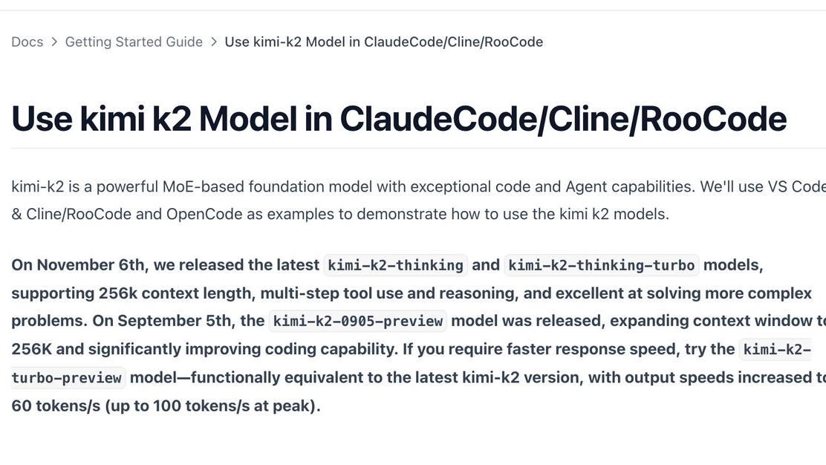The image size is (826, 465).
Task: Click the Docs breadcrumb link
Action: point(27,42)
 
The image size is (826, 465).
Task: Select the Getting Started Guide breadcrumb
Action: point(134,42)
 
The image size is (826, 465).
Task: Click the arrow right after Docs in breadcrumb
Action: point(54,42)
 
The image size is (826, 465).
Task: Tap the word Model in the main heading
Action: point(248,119)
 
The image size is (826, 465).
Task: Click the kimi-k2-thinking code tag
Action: point(395,265)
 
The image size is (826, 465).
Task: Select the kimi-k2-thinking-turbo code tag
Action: point(602,265)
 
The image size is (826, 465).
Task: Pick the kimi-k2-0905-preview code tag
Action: point(358,321)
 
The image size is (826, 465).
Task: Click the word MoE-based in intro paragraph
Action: point(204,186)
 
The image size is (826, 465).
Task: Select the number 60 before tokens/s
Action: point(22,406)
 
